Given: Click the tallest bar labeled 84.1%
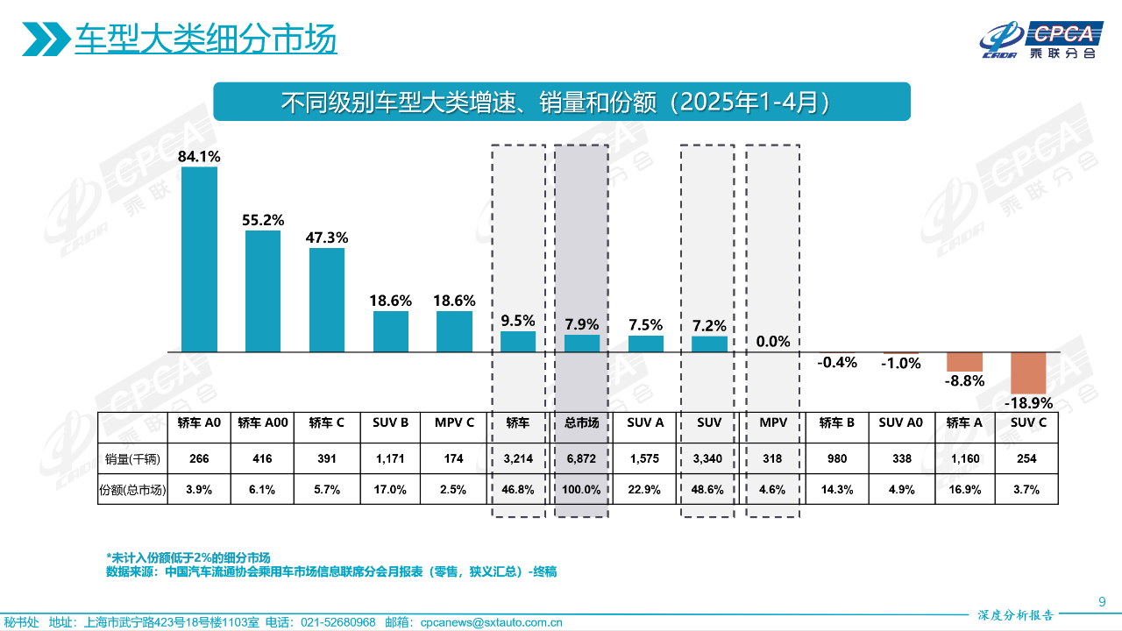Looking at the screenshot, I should tap(199, 259).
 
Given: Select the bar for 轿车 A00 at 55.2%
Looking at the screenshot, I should tap(263, 291).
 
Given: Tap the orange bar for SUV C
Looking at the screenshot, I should tap(1028, 373).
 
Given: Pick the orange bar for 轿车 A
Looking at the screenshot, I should tap(964, 362).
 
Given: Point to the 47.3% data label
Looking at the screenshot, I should tap(326, 238).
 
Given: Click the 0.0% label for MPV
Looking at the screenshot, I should tap(773, 341).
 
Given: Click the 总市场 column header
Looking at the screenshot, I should tap(581, 423).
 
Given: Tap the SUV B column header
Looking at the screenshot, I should tap(390, 423).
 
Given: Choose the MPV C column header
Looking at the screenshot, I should tap(454, 423).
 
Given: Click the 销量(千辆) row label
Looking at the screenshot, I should tap(131, 458).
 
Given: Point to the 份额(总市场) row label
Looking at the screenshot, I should tap(131, 490).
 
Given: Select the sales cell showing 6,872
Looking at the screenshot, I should tap(581, 458).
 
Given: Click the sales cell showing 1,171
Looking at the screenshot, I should tap(390, 458).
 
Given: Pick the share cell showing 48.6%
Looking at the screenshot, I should tap(709, 490).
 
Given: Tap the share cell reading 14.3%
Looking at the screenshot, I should tap(837, 490).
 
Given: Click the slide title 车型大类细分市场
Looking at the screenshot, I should tap(205, 39).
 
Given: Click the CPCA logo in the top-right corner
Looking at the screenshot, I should tap(1043, 39).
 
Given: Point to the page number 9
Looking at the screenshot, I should tap(1102, 601).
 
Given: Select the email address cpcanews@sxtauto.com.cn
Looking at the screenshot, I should tap(491, 622).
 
